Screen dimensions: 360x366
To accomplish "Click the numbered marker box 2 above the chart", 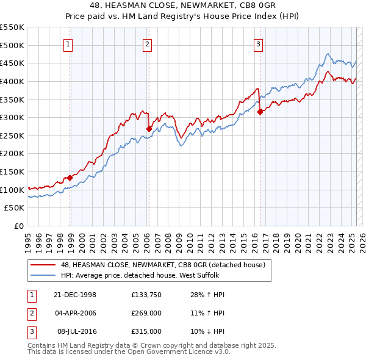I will point(148,44).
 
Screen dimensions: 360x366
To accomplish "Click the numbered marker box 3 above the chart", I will point(259,44).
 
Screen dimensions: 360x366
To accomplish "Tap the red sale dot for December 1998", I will point(70,178).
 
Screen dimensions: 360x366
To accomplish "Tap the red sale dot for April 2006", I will point(149,129).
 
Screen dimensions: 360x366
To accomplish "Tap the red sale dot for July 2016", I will point(260,112).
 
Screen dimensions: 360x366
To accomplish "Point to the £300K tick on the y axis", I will point(12,117).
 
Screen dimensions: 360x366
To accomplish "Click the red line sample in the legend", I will point(43,265).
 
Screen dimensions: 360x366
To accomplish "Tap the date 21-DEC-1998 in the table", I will point(75,295).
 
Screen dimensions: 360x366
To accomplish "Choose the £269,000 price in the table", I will point(146,313).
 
